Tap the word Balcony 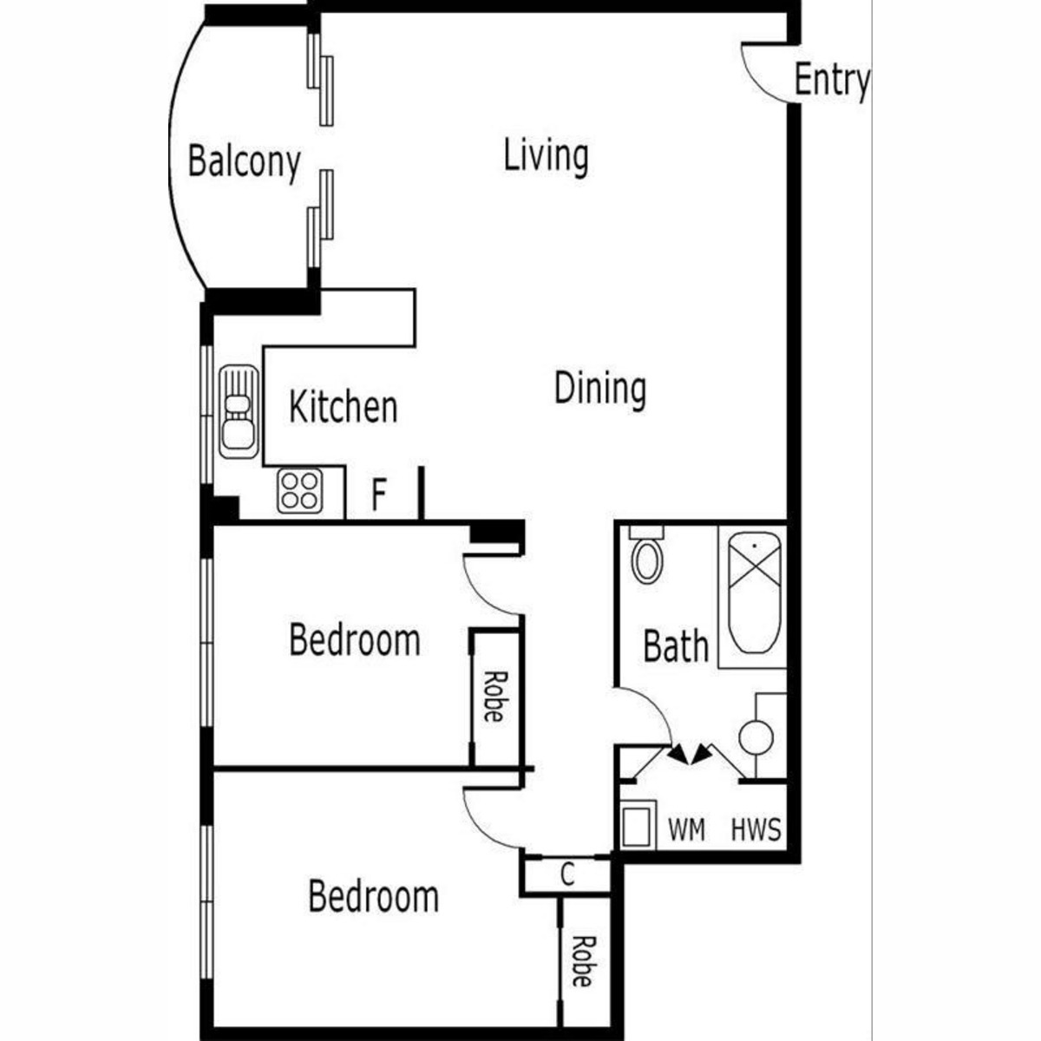244,162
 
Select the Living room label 547,157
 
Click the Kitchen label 344,408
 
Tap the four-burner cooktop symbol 300,490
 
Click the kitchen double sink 239,412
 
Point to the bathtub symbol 754,593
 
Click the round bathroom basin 756,737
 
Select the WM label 686,829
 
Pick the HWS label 756,829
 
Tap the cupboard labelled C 567,874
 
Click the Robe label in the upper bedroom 494,697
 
